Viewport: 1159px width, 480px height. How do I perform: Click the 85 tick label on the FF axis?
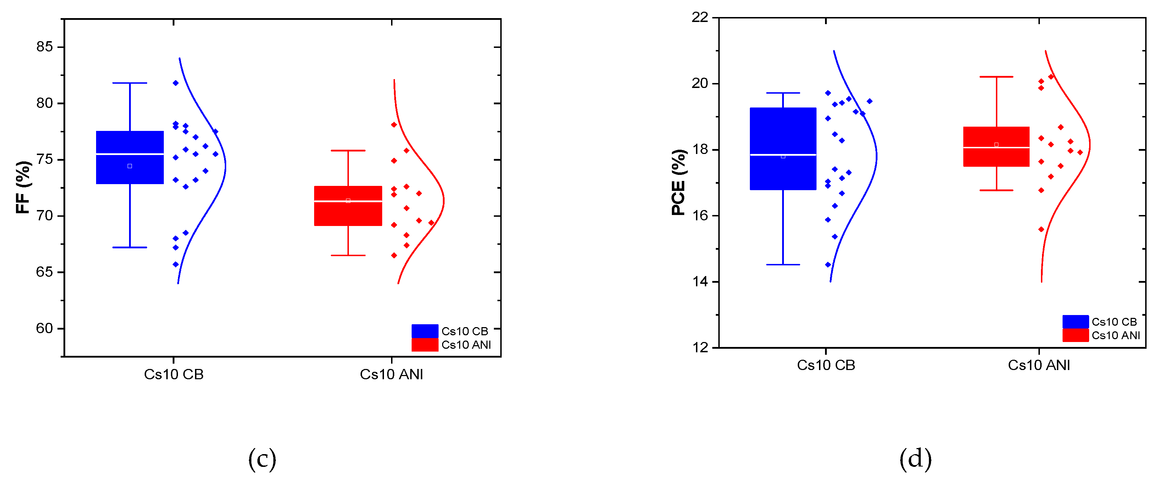pos(45,47)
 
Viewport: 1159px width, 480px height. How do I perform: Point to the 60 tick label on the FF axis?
pos(45,328)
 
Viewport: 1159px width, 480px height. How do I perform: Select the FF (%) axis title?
pos(23,187)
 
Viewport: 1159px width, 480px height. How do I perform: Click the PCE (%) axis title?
pos(679,182)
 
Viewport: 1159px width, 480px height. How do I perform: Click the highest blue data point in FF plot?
pos(175,83)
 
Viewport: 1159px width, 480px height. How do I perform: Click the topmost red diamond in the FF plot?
pos(394,125)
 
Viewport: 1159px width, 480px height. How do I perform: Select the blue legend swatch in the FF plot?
pos(425,331)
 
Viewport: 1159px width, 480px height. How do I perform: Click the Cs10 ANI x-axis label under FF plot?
pos(391,374)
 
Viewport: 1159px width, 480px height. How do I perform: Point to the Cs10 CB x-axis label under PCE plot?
pos(826,365)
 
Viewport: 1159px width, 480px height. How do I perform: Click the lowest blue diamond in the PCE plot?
pos(828,265)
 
